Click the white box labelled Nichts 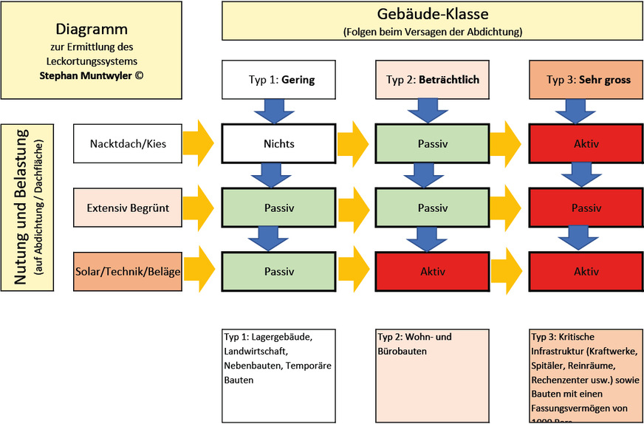coord(278,143)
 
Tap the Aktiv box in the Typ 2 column coord(432,271)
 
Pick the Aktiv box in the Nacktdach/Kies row coord(586,143)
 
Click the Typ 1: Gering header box coord(278,80)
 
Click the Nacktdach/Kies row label coord(127,143)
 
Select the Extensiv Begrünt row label coord(127,208)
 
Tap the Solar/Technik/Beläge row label coord(127,271)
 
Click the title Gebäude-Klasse coord(432,14)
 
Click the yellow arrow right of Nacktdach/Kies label coord(198,143)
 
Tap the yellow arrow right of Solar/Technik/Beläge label coord(198,271)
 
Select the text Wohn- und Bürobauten coord(415,343)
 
